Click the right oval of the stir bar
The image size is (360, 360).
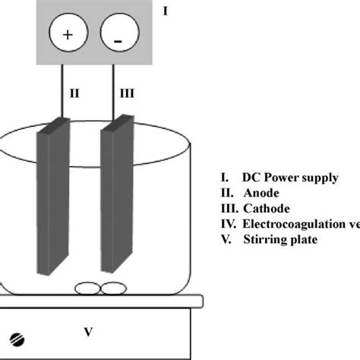(x=113, y=288)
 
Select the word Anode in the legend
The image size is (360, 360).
(x=257, y=192)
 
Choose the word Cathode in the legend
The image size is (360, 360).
(x=262, y=208)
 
